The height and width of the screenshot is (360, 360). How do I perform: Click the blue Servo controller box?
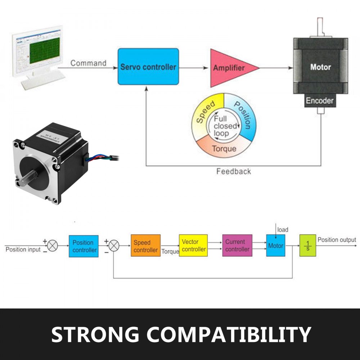pos(148,67)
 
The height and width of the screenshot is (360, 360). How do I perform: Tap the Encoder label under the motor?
pos(320,101)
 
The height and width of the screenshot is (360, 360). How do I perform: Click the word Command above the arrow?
pos(88,63)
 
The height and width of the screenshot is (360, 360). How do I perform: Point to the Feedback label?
pos(234,171)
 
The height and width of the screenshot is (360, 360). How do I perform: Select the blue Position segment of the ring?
pos(243,115)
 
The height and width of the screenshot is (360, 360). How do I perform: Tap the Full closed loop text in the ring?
pos(225,126)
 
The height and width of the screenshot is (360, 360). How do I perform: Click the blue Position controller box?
pos(84,246)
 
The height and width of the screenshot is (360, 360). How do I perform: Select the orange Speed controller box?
pos(145,246)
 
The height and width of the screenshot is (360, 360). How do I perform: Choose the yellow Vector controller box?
pos(193,246)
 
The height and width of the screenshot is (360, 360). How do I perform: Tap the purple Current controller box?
pos(237,246)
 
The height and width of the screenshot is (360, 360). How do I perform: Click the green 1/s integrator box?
pos(307,246)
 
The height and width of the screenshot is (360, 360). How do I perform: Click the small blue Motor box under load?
pos(275,246)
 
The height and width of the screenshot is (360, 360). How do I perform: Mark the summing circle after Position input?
pos(53,246)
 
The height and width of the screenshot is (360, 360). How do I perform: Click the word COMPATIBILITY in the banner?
pos(229,334)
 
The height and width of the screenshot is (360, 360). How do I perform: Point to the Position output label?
pos(337,240)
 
